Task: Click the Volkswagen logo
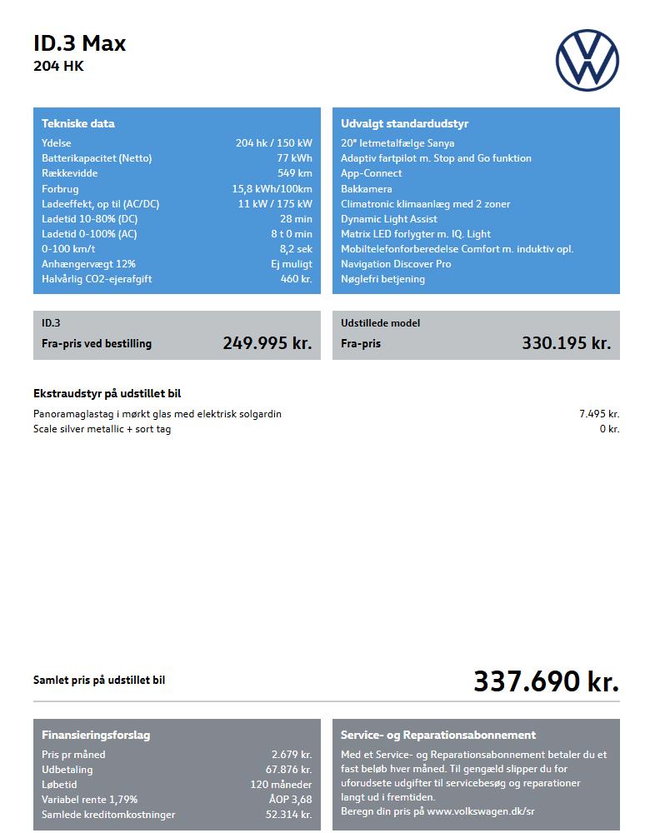587,61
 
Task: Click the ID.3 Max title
79,44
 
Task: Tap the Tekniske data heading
78,123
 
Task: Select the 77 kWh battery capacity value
295,158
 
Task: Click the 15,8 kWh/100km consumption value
272,189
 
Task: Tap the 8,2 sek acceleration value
296,249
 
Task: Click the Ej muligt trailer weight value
292,264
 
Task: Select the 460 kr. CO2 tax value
296,279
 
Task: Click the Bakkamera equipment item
366,189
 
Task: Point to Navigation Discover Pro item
396,264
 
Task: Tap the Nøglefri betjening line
382,279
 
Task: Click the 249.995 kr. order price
267,343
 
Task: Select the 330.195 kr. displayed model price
567,343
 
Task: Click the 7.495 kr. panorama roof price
599,414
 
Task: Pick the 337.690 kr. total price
546,681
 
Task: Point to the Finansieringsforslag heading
96,736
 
